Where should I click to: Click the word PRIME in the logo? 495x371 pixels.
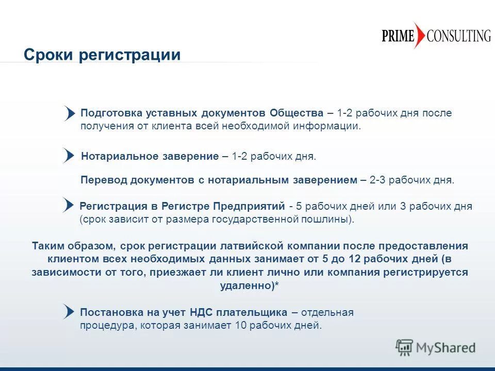pyautogui.click(x=398, y=36)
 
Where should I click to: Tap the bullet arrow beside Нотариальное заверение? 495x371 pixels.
pyautogui.click(x=69, y=155)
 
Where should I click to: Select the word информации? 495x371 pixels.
pyautogui.click(x=327, y=126)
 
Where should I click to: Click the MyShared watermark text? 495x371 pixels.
pyautogui.click(x=445, y=348)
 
